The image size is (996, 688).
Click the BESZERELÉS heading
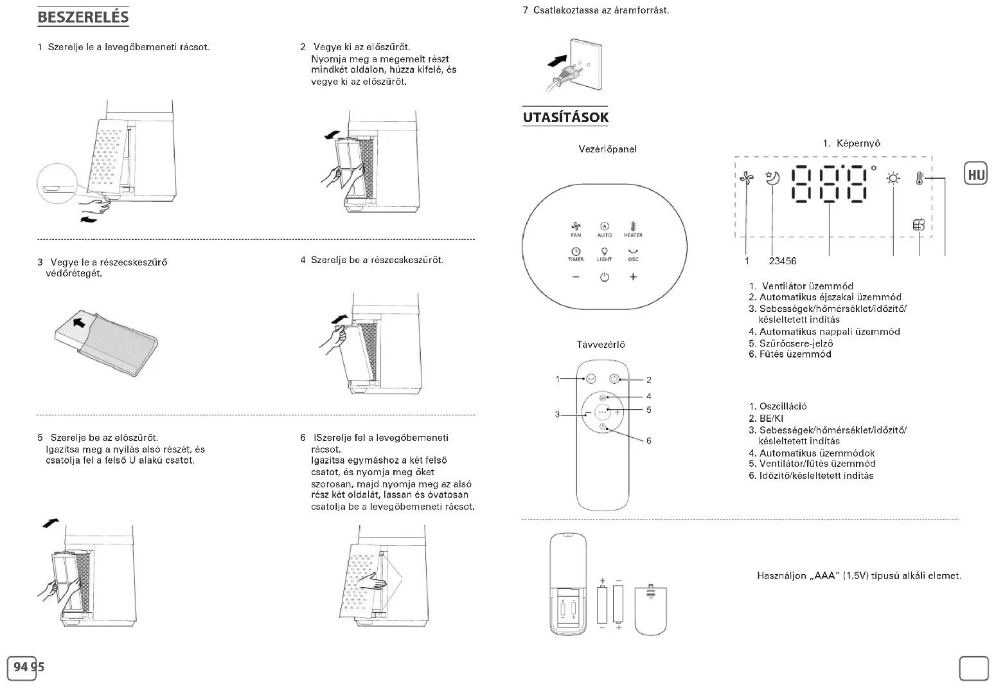click(83, 17)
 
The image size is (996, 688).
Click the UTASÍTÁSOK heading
click(565, 118)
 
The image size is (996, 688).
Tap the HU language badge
click(975, 174)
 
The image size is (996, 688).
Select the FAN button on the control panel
click(576, 228)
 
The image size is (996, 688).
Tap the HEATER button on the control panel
click(633, 228)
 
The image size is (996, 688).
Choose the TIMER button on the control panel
click(576, 253)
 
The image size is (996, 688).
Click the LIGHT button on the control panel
click(604, 253)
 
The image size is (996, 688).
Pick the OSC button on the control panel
click(633, 253)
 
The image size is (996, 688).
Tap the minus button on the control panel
click(576, 277)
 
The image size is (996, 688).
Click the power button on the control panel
click(604, 277)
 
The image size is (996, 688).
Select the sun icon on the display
click(893, 179)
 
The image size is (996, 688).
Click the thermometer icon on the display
click(920, 178)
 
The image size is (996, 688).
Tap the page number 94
click(21, 667)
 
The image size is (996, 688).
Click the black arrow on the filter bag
click(78, 321)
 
